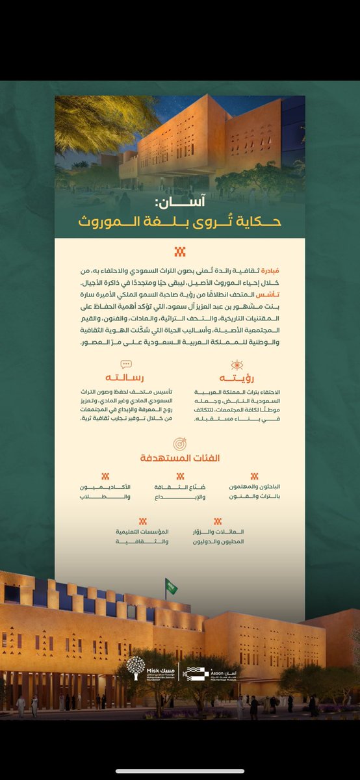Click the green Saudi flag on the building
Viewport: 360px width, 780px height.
(172, 586)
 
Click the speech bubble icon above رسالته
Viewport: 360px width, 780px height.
(126, 365)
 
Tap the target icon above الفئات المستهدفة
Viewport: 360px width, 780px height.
(180, 443)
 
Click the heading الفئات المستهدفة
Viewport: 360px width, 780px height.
(180, 458)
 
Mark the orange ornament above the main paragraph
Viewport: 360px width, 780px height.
(180, 252)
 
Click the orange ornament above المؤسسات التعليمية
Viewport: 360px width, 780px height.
(142, 521)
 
